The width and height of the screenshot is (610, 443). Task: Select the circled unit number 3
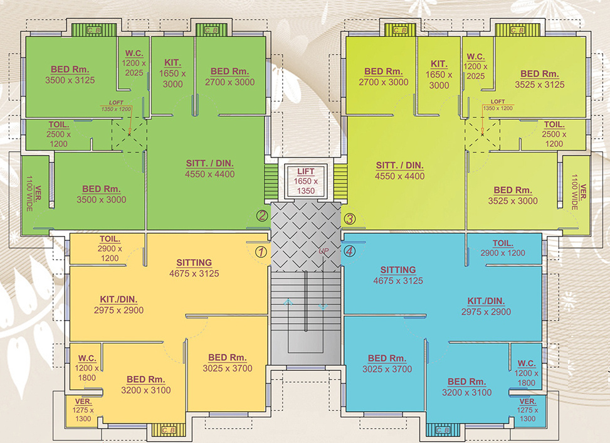coord(350,219)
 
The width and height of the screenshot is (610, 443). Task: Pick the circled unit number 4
coord(349,251)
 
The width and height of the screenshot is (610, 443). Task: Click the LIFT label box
coord(306,181)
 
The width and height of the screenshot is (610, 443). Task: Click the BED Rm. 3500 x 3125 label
coord(70,75)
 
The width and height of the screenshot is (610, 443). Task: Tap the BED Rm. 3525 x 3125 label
coord(539,79)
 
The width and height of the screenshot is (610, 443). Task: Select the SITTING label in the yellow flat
coord(194,268)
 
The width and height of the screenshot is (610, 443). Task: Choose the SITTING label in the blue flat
coord(397,275)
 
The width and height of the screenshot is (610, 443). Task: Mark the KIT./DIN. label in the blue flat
coord(486,306)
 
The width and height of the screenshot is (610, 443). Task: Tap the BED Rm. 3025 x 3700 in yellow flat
coord(227,363)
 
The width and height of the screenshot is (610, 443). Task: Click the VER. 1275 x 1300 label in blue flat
coord(527,410)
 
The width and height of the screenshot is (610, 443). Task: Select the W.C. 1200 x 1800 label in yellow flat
coord(87,368)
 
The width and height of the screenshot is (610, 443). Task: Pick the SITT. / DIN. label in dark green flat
coord(209,168)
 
